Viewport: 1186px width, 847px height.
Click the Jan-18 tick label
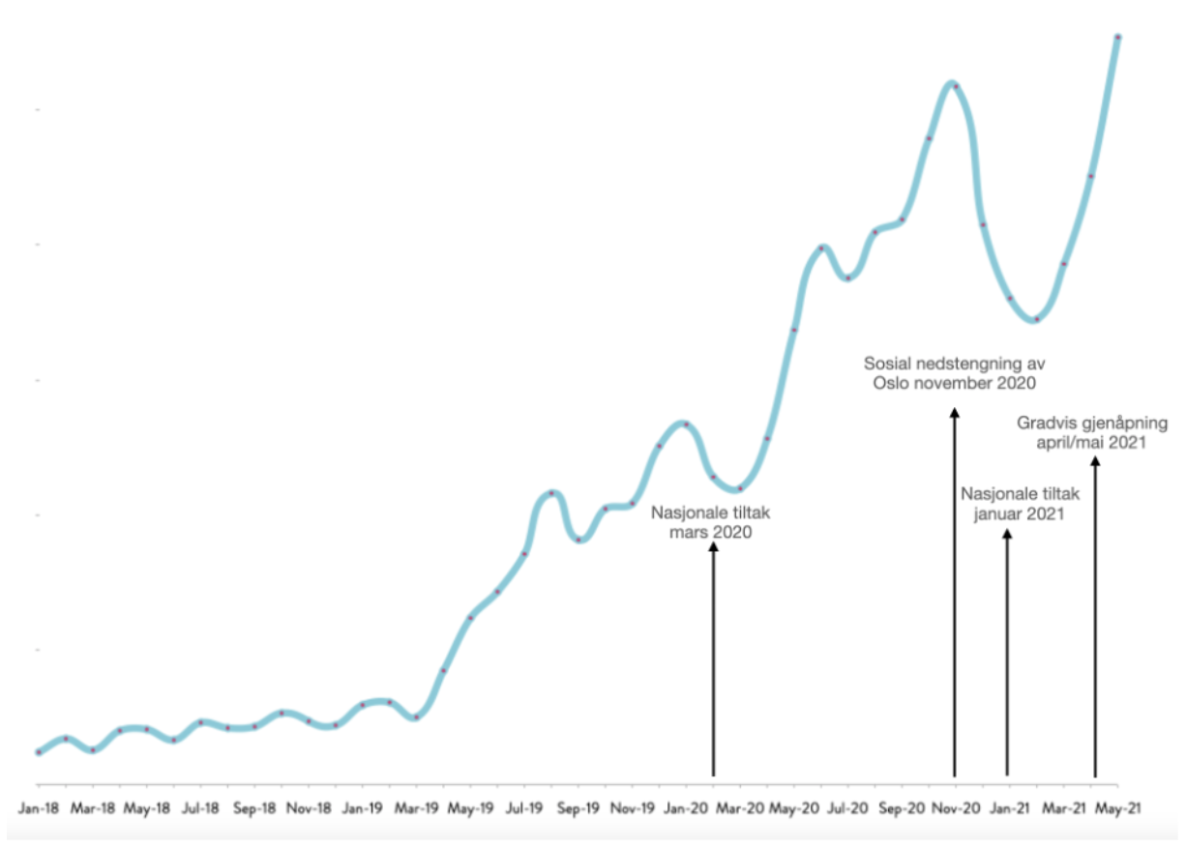(x=39, y=805)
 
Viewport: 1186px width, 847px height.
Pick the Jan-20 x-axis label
(x=687, y=805)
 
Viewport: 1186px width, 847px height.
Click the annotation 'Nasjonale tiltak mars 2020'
(x=713, y=523)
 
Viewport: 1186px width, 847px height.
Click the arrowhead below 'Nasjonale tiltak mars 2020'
(x=714, y=547)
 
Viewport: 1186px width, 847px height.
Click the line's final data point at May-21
(x=1118, y=38)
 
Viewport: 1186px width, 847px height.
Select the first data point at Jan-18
(x=39, y=751)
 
